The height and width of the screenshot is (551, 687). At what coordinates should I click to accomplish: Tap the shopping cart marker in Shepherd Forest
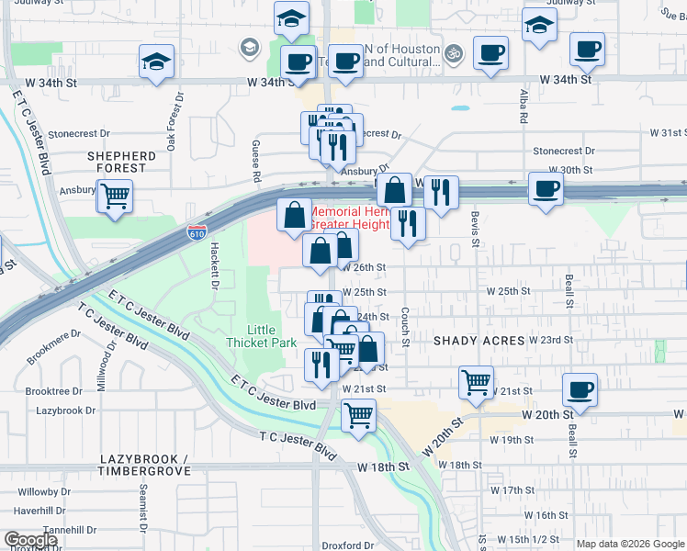tap(115, 197)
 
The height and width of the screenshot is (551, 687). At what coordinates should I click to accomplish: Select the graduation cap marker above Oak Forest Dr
tap(157, 62)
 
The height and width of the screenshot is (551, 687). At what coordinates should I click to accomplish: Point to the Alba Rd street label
tap(524, 106)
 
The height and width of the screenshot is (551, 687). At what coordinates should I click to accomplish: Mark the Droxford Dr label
tap(348, 545)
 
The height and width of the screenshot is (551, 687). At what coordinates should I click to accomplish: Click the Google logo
tap(30, 540)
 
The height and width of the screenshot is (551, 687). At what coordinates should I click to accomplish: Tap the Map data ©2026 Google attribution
tap(629, 544)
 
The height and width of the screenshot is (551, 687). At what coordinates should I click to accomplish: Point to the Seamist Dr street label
tap(142, 508)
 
